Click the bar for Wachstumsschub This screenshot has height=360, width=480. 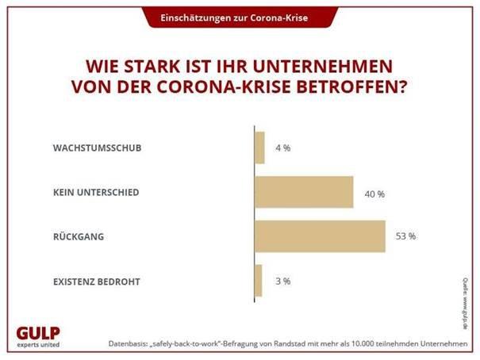pos(259,148)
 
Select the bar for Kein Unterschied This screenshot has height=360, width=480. pos(304,193)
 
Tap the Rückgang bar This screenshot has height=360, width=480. pos(320,236)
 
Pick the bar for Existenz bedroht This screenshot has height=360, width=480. pos(259,280)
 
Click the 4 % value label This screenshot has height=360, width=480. pos(281,148)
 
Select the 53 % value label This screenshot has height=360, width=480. pos(405,236)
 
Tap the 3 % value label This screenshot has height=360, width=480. pos(282,281)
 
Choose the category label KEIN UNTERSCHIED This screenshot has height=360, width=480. pos(99,193)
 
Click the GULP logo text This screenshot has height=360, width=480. pos(38,332)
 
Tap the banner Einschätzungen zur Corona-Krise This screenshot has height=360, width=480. pos(239,17)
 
